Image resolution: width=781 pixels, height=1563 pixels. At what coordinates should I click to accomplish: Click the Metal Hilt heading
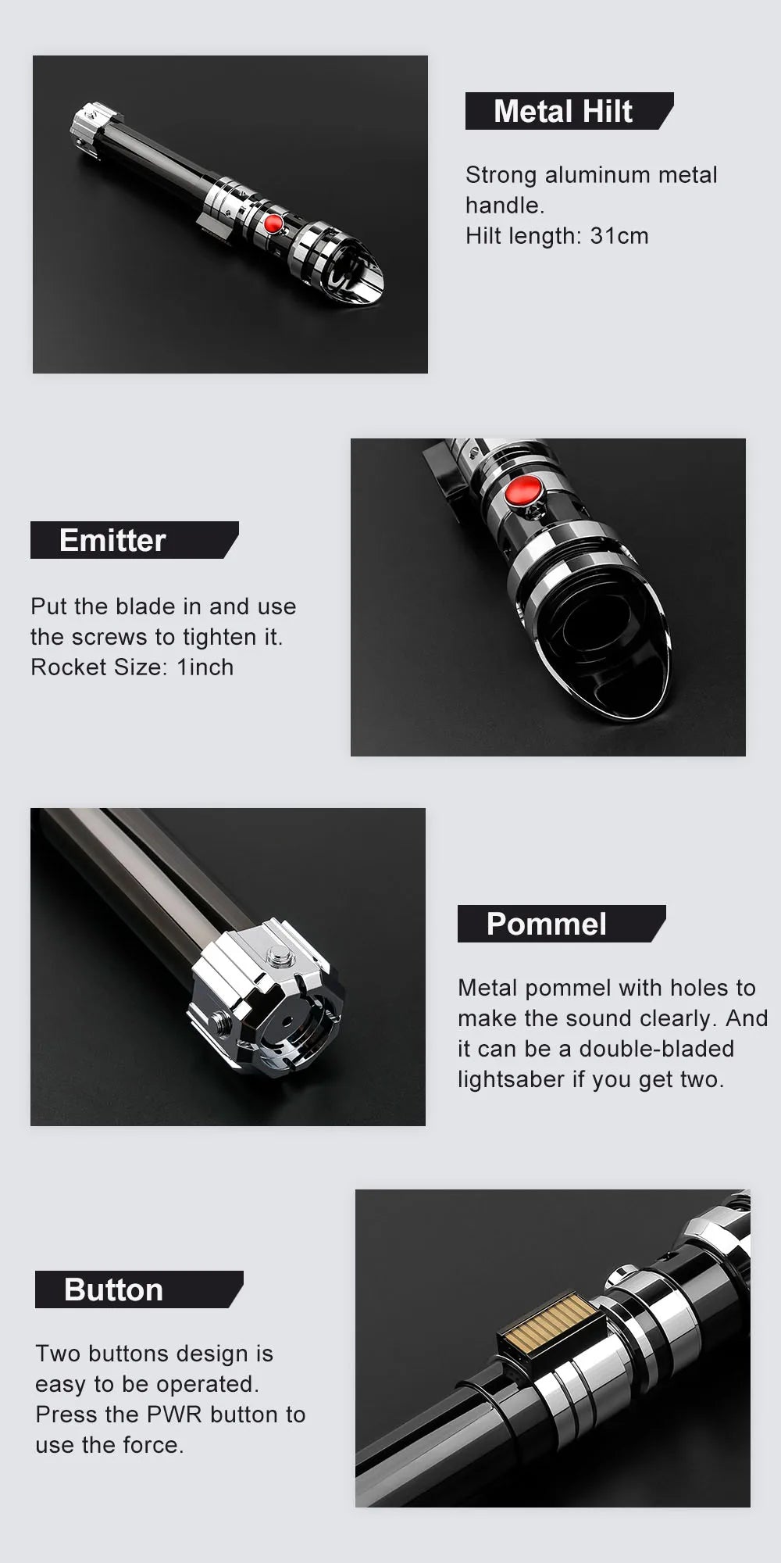point(562,111)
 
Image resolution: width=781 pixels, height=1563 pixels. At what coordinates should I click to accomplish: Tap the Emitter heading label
point(112,540)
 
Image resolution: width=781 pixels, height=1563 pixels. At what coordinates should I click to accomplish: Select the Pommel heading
point(546,924)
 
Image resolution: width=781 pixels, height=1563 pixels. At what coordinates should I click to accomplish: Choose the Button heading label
point(113,1289)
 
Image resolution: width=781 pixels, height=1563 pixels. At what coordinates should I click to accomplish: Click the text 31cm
point(619,236)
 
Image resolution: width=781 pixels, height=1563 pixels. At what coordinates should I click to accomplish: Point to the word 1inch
point(205,667)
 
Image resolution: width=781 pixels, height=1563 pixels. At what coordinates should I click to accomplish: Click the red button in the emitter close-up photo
point(523,490)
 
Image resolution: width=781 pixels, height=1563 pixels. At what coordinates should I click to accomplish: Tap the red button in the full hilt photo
point(273,223)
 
